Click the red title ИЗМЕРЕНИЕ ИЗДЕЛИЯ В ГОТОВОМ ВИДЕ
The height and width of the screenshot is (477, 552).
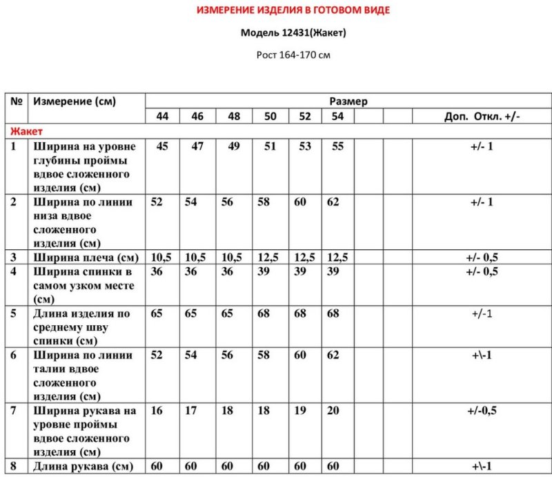click(x=293, y=10)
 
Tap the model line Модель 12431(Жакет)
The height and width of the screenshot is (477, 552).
click(x=293, y=32)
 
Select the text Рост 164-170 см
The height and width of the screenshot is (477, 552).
click(x=293, y=55)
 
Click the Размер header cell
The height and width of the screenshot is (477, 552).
click(x=348, y=101)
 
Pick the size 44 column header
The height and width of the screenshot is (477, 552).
click(x=162, y=116)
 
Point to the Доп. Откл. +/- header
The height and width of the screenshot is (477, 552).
click(x=482, y=116)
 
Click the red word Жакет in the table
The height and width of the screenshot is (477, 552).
click(x=27, y=130)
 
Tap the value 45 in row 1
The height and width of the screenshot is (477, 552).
click(x=162, y=146)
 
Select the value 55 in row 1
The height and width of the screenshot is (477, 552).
click(x=337, y=146)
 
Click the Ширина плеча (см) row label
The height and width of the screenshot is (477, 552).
click(x=85, y=257)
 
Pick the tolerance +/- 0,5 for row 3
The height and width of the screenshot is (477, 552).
click(x=482, y=257)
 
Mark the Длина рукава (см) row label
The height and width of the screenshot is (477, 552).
click(x=83, y=467)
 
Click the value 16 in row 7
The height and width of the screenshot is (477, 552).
click(x=157, y=411)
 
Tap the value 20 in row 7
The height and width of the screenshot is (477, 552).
click(x=333, y=411)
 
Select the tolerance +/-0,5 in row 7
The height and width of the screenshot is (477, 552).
click(x=482, y=411)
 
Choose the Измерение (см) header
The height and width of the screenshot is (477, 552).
click(x=75, y=101)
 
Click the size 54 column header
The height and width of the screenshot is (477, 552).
click(x=337, y=116)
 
